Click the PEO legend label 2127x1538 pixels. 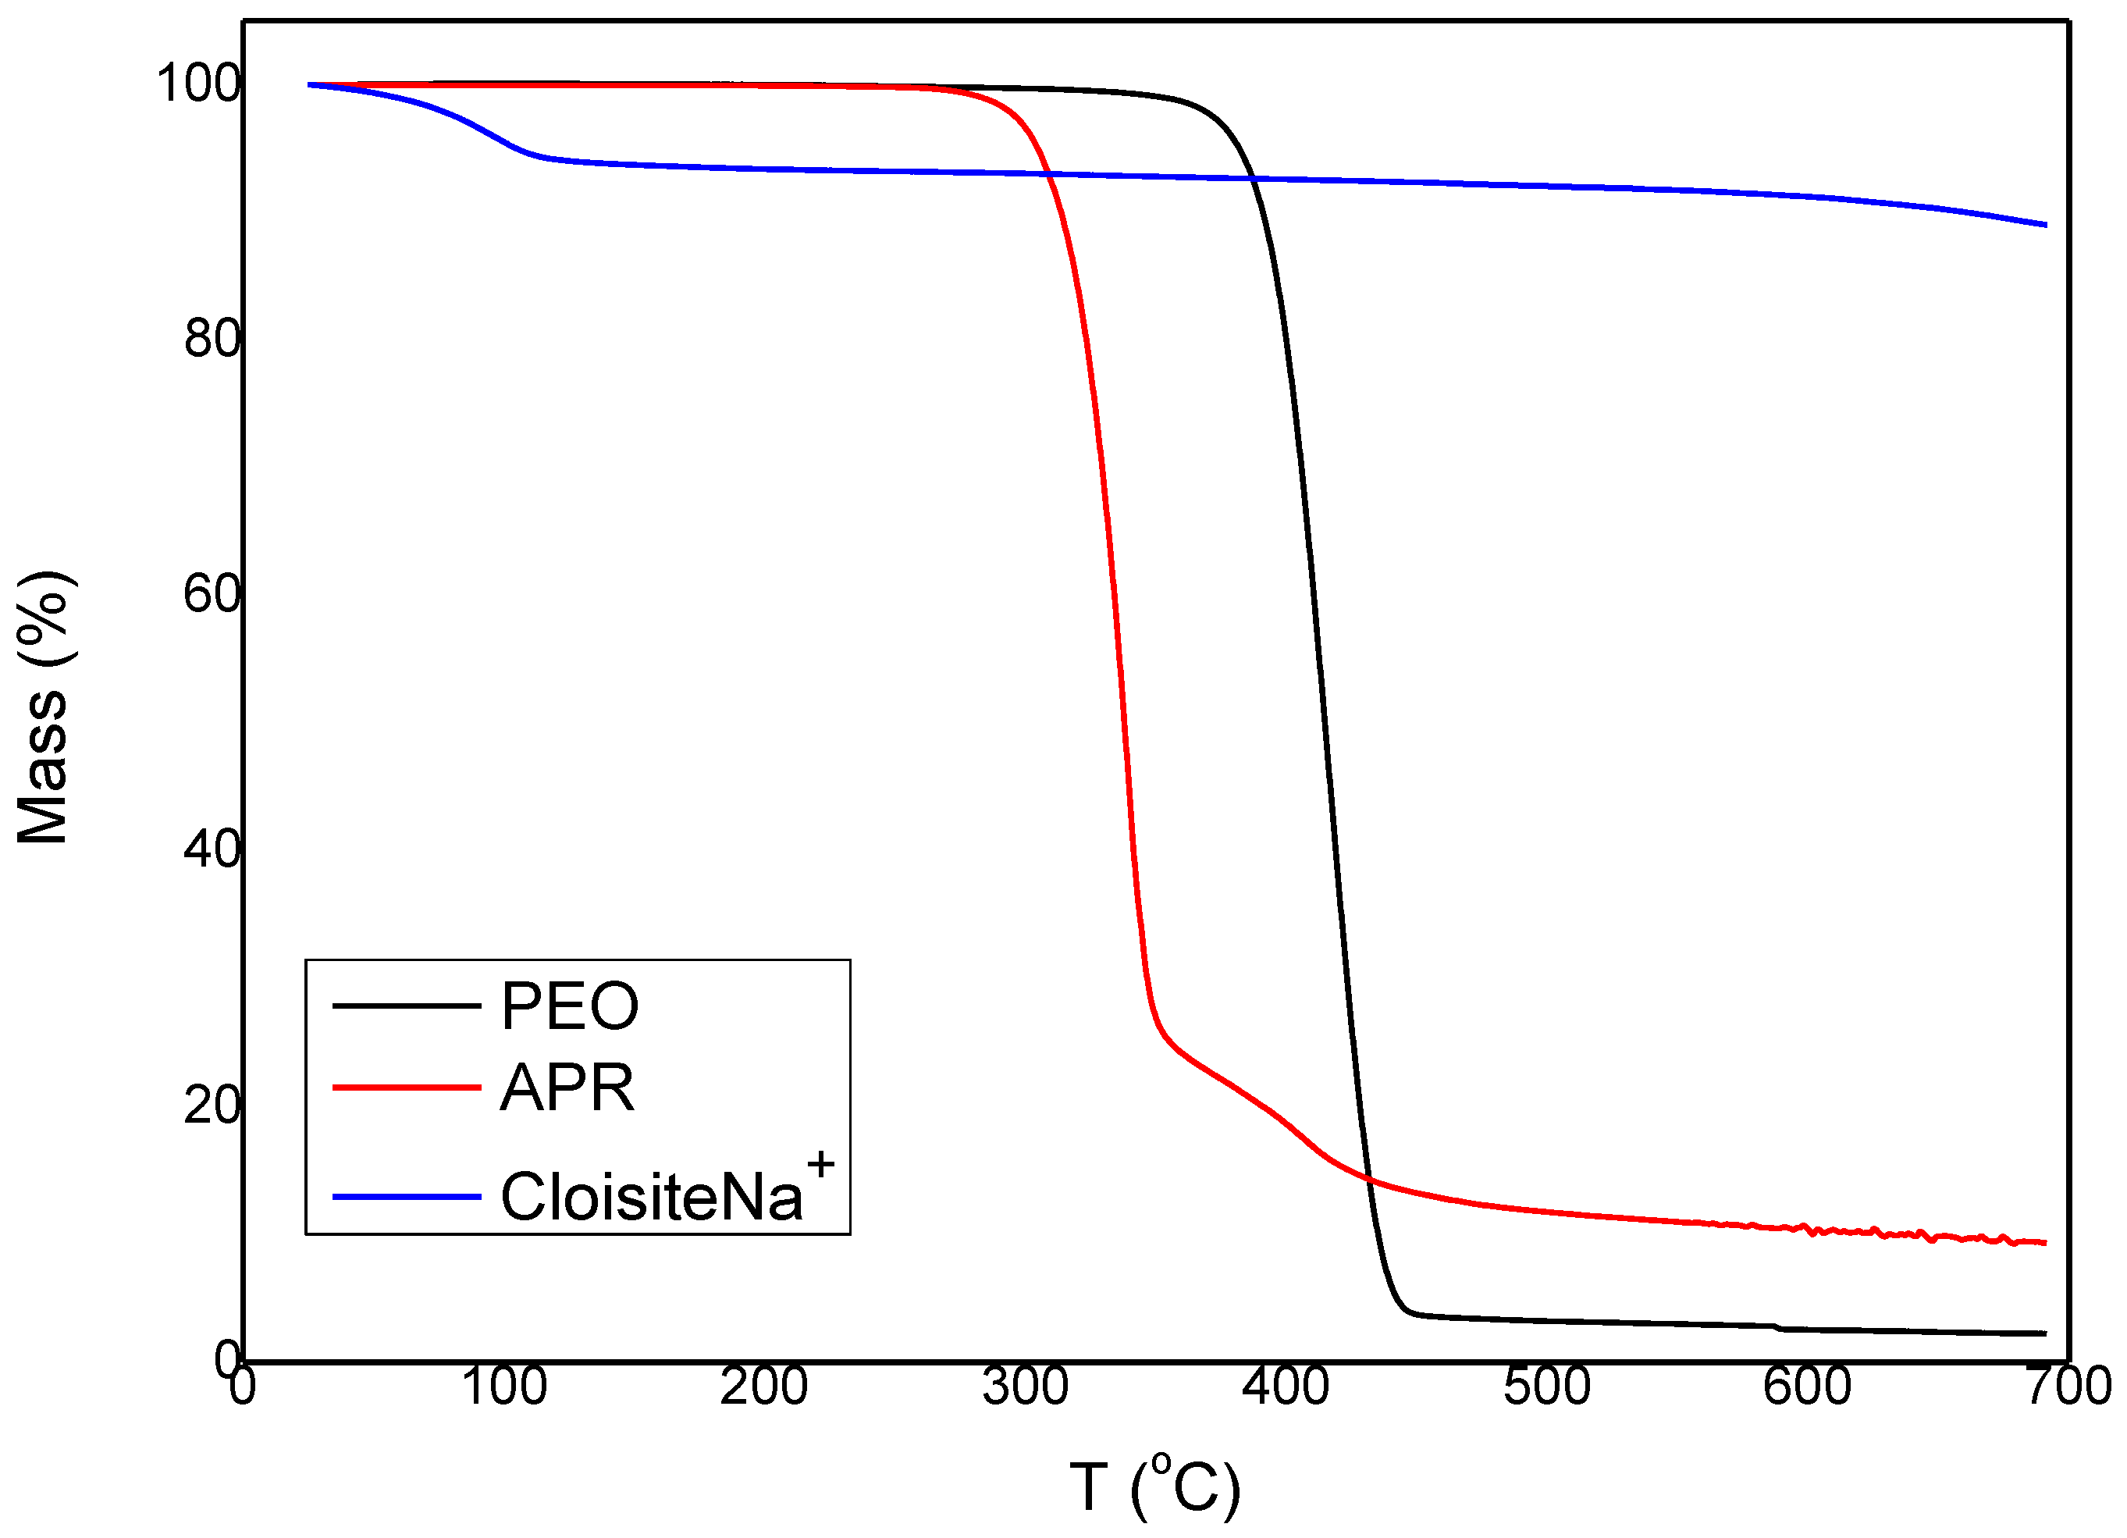click(x=569, y=1006)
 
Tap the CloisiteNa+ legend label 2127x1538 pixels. click(x=651, y=1197)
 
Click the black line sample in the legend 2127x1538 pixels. click(x=406, y=1006)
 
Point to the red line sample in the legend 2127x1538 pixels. click(x=406, y=1087)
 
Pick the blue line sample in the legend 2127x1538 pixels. click(x=406, y=1197)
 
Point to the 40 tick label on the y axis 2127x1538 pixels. click(x=211, y=849)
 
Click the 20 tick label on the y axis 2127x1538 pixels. click(x=211, y=1105)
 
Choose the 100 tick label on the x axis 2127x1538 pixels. click(x=503, y=1386)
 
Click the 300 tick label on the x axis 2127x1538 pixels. click(x=1025, y=1386)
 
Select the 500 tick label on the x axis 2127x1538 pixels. click(x=1546, y=1386)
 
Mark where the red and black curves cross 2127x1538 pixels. click(x=1368, y=1177)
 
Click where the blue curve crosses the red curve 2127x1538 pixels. click(x=1048, y=173)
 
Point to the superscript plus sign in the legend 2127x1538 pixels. click(x=820, y=1165)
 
